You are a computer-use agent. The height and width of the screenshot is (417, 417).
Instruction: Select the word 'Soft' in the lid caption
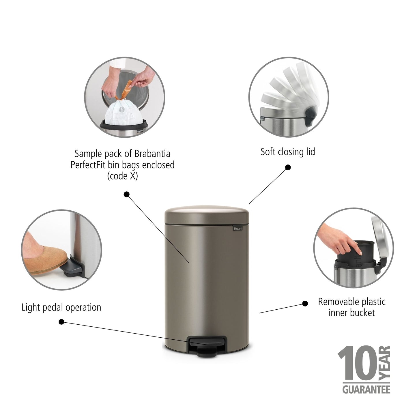268,152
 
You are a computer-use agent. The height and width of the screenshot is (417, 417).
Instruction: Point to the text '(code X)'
122,176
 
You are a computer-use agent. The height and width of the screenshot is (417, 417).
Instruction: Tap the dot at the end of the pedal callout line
61,321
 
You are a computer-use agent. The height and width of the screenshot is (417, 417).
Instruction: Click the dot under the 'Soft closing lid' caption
288,167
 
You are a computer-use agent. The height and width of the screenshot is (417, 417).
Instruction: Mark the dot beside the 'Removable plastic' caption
305,304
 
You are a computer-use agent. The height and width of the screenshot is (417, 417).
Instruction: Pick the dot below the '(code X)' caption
126,194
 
